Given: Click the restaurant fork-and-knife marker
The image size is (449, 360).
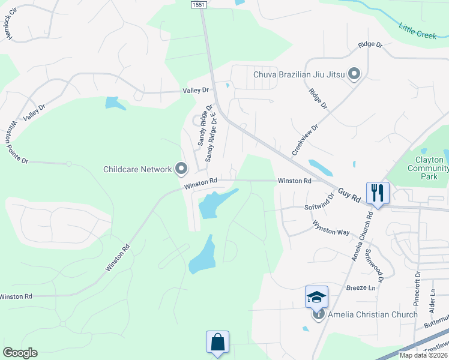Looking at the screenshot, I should pyautogui.click(x=378, y=193).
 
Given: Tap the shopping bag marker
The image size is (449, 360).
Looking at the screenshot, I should pyautogui.click(x=218, y=343).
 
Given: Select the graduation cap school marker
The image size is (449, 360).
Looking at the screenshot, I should pyautogui.click(x=316, y=297).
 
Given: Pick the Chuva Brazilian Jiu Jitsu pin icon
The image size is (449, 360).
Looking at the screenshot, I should pyautogui.click(x=354, y=74).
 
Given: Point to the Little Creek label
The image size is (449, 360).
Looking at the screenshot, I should pyautogui.click(x=418, y=31).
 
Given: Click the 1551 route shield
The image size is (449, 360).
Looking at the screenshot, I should pyautogui.click(x=199, y=4).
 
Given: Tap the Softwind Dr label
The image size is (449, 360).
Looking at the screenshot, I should pyautogui.click(x=318, y=205).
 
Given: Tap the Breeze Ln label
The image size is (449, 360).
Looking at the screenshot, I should pyautogui.click(x=360, y=288).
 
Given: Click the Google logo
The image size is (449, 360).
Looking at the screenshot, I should pyautogui.click(x=20, y=353).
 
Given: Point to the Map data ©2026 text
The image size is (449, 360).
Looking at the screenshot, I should pyautogui.click(x=423, y=355).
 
